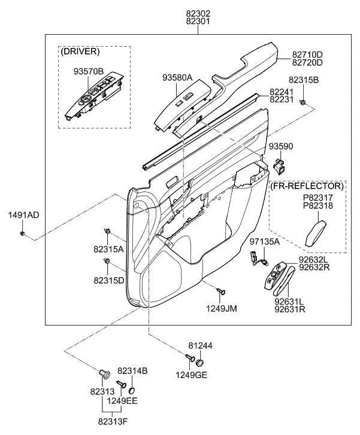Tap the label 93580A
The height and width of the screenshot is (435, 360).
(x=177, y=77)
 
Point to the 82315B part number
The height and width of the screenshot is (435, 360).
(x=304, y=80)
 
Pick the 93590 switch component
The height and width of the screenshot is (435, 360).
(x=278, y=163)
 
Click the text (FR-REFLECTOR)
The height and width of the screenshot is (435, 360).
(x=307, y=186)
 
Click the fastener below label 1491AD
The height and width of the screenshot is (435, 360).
(x=22, y=232)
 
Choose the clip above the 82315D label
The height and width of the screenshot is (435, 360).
(x=107, y=262)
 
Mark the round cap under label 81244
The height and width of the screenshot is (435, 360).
(x=199, y=363)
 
